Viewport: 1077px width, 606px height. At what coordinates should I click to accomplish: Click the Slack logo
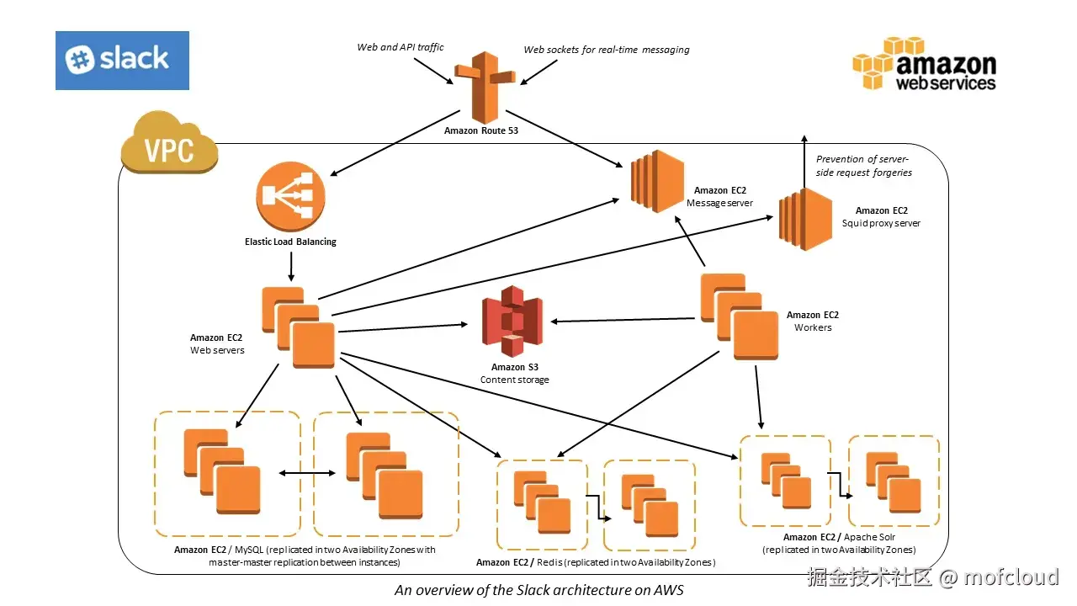click(122, 60)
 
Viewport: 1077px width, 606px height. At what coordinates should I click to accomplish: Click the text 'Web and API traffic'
click(401, 47)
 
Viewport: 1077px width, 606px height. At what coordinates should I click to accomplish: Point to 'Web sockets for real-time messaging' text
click(607, 50)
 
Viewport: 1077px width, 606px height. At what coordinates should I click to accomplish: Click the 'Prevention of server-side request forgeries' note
click(863, 166)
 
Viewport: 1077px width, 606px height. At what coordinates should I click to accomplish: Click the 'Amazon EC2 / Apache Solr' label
click(838, 537)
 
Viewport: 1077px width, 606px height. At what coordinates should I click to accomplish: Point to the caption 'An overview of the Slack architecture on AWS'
click(538, 590)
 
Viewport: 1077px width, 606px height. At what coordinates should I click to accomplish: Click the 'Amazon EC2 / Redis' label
click(595, 562)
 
